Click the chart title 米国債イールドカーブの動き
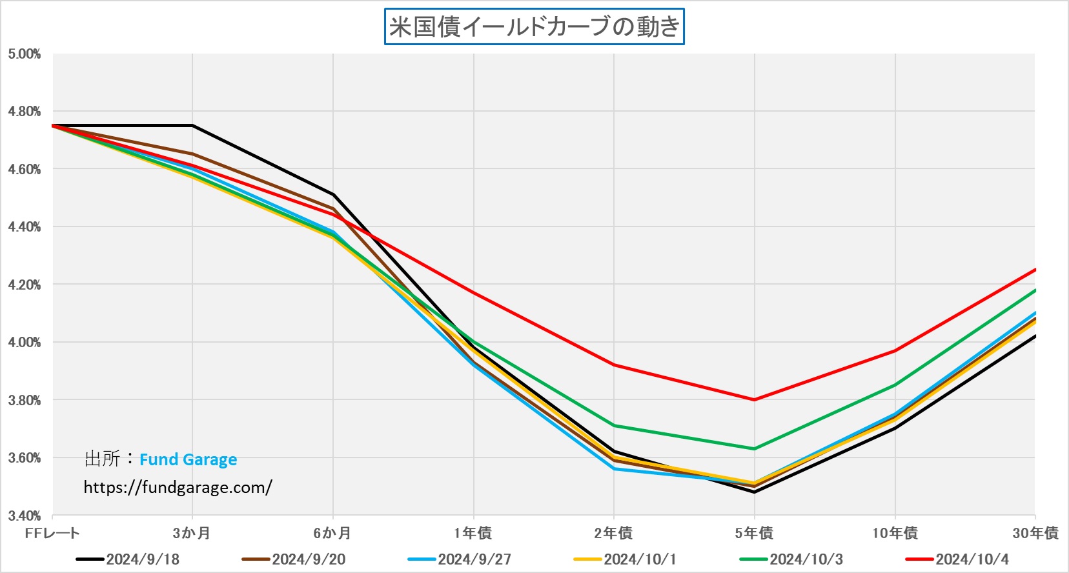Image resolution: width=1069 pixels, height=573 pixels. [534, 26]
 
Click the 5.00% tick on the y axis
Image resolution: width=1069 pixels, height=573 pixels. [25, 54]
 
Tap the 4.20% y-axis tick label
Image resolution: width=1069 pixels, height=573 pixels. [25, 285]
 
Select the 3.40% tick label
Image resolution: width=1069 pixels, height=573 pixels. [25, 516]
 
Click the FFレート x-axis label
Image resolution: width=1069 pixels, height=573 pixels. [52, 533]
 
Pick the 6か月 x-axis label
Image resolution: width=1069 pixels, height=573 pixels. [332, 533]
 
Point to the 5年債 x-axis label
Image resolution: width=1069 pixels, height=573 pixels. [754, 533]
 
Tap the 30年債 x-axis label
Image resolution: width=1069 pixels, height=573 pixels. [1035, 533]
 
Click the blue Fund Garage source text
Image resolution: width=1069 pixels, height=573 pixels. [188, 459]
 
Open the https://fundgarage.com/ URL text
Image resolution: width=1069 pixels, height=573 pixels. [178, 487]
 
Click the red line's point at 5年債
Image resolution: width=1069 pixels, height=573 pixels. [754, 399]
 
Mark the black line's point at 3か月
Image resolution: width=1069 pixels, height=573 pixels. [192, 125]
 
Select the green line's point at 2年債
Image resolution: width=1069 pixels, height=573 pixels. [614, 425]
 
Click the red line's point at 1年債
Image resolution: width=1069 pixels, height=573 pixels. [474, 293]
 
